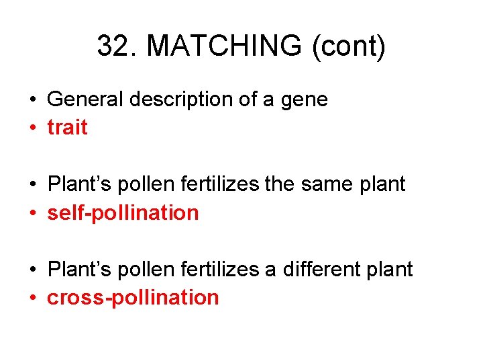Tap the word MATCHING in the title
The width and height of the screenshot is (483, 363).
225,46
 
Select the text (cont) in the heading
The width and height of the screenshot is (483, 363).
348,46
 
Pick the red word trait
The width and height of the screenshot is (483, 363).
67,128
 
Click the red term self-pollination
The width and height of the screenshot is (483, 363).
123,212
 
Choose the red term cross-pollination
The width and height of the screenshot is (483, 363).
133,297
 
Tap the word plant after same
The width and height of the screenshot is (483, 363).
384,184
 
